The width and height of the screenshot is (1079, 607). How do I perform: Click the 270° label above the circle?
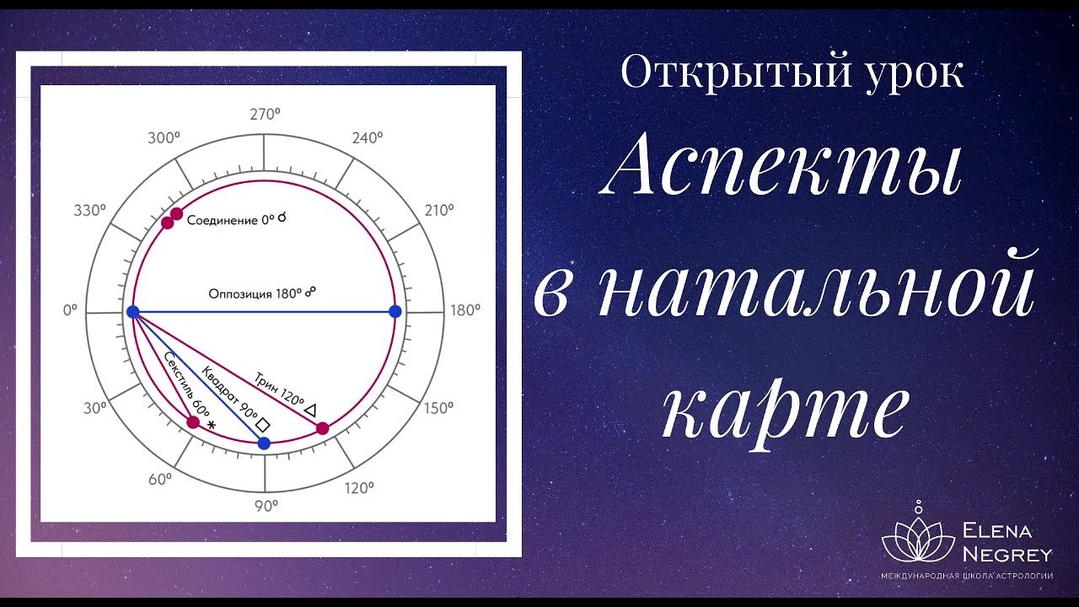265,115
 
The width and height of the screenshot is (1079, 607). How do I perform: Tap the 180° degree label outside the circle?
465,310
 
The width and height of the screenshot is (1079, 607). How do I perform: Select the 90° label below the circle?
266,506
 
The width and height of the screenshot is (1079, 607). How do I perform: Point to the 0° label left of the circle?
69,310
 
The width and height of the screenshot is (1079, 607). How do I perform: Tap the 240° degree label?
368,138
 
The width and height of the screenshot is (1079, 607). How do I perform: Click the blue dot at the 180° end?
395,312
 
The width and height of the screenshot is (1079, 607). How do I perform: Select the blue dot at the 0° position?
132,312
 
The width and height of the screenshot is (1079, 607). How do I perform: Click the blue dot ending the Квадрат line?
264,443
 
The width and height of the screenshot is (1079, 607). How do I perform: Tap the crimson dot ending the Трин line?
322,428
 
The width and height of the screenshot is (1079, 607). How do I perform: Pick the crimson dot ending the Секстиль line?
193,422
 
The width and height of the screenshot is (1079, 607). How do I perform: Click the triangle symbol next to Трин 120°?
310,410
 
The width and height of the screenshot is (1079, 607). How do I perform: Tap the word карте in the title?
786,411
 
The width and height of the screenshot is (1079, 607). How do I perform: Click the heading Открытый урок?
792,74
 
